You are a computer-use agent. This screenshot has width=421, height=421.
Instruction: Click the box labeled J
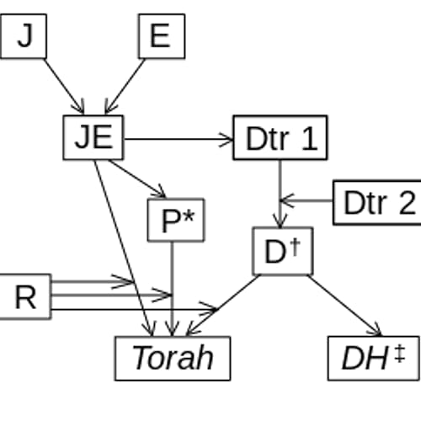(24, 36)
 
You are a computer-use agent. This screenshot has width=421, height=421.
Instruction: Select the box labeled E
(161, 36)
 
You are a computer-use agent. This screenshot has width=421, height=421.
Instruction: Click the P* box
(176, 221)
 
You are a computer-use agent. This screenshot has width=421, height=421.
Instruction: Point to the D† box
(283, 251)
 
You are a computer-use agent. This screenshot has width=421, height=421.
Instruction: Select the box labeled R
(24, 296)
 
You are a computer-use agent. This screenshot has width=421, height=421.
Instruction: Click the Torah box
(173, 358)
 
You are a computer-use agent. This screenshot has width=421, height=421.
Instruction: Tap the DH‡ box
(373, 358)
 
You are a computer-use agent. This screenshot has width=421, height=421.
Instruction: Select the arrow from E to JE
(126, 85)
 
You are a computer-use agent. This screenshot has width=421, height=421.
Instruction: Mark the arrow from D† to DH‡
(345, 306)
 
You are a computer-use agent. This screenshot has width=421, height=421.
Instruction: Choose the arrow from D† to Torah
(223, 305)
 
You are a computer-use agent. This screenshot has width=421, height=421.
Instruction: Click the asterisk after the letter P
(189, 216)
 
